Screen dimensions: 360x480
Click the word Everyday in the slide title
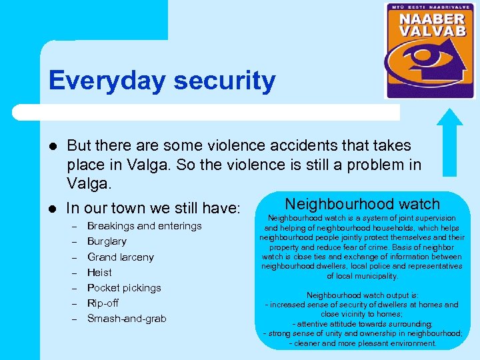(106, 81)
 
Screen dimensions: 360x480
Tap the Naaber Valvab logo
(431, 51)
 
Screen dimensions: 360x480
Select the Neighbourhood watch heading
(362, 204)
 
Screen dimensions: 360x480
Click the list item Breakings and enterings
(144, 226)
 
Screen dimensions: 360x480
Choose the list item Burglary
(107, 241)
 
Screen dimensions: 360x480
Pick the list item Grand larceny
(120, 257)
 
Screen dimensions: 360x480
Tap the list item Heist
(99, 272)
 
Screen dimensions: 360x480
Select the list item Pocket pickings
(124, 287)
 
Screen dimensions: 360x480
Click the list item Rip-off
(103, 303)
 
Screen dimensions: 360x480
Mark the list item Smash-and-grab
(127, 318)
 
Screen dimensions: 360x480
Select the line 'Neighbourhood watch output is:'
(362, 295)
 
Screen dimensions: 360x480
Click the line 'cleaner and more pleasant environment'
(362, 343)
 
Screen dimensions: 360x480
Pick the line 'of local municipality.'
(362, 275)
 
